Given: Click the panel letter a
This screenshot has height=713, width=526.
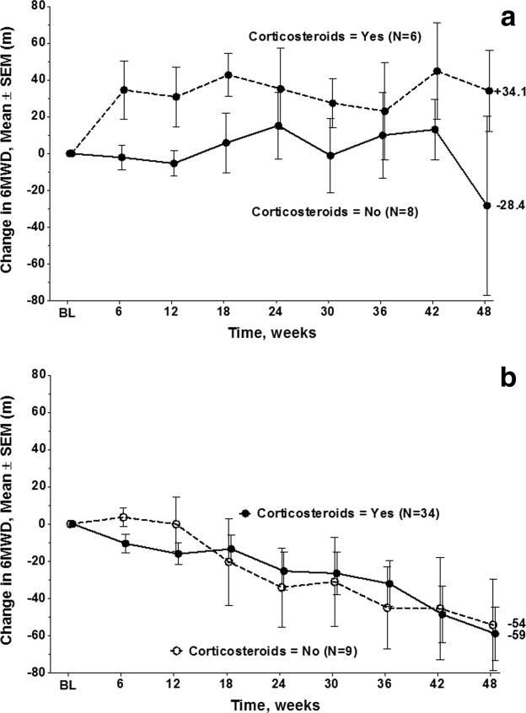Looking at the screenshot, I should pos(507,18).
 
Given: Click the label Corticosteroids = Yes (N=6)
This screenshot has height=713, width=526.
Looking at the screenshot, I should pos(318,36).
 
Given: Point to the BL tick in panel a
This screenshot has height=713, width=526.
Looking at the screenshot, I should pos(71,311).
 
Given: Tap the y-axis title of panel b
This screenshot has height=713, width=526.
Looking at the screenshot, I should pos(11,523).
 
